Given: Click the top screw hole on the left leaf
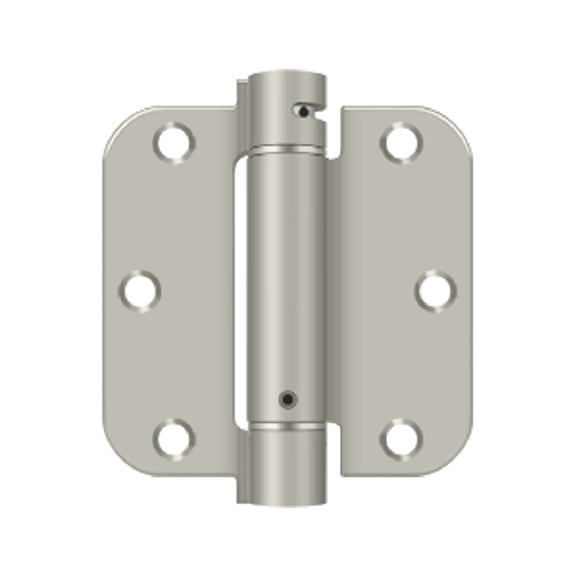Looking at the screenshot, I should pyautogui.click(x=174, y=142).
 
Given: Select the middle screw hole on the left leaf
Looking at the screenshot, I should pyautogui.click(x=139, y=291).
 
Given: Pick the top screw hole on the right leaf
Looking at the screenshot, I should pyautogui.click(x=401, y=143).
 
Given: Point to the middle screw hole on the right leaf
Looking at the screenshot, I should pyautogui.click(x=436, y=291).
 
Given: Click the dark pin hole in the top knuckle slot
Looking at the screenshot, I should pyautogui.click(x=303, y=112).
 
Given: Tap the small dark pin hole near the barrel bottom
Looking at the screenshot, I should pyautogui.click(x=288, y=399).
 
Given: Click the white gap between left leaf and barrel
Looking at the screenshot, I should pyautogui.click(x=239, y=288).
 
